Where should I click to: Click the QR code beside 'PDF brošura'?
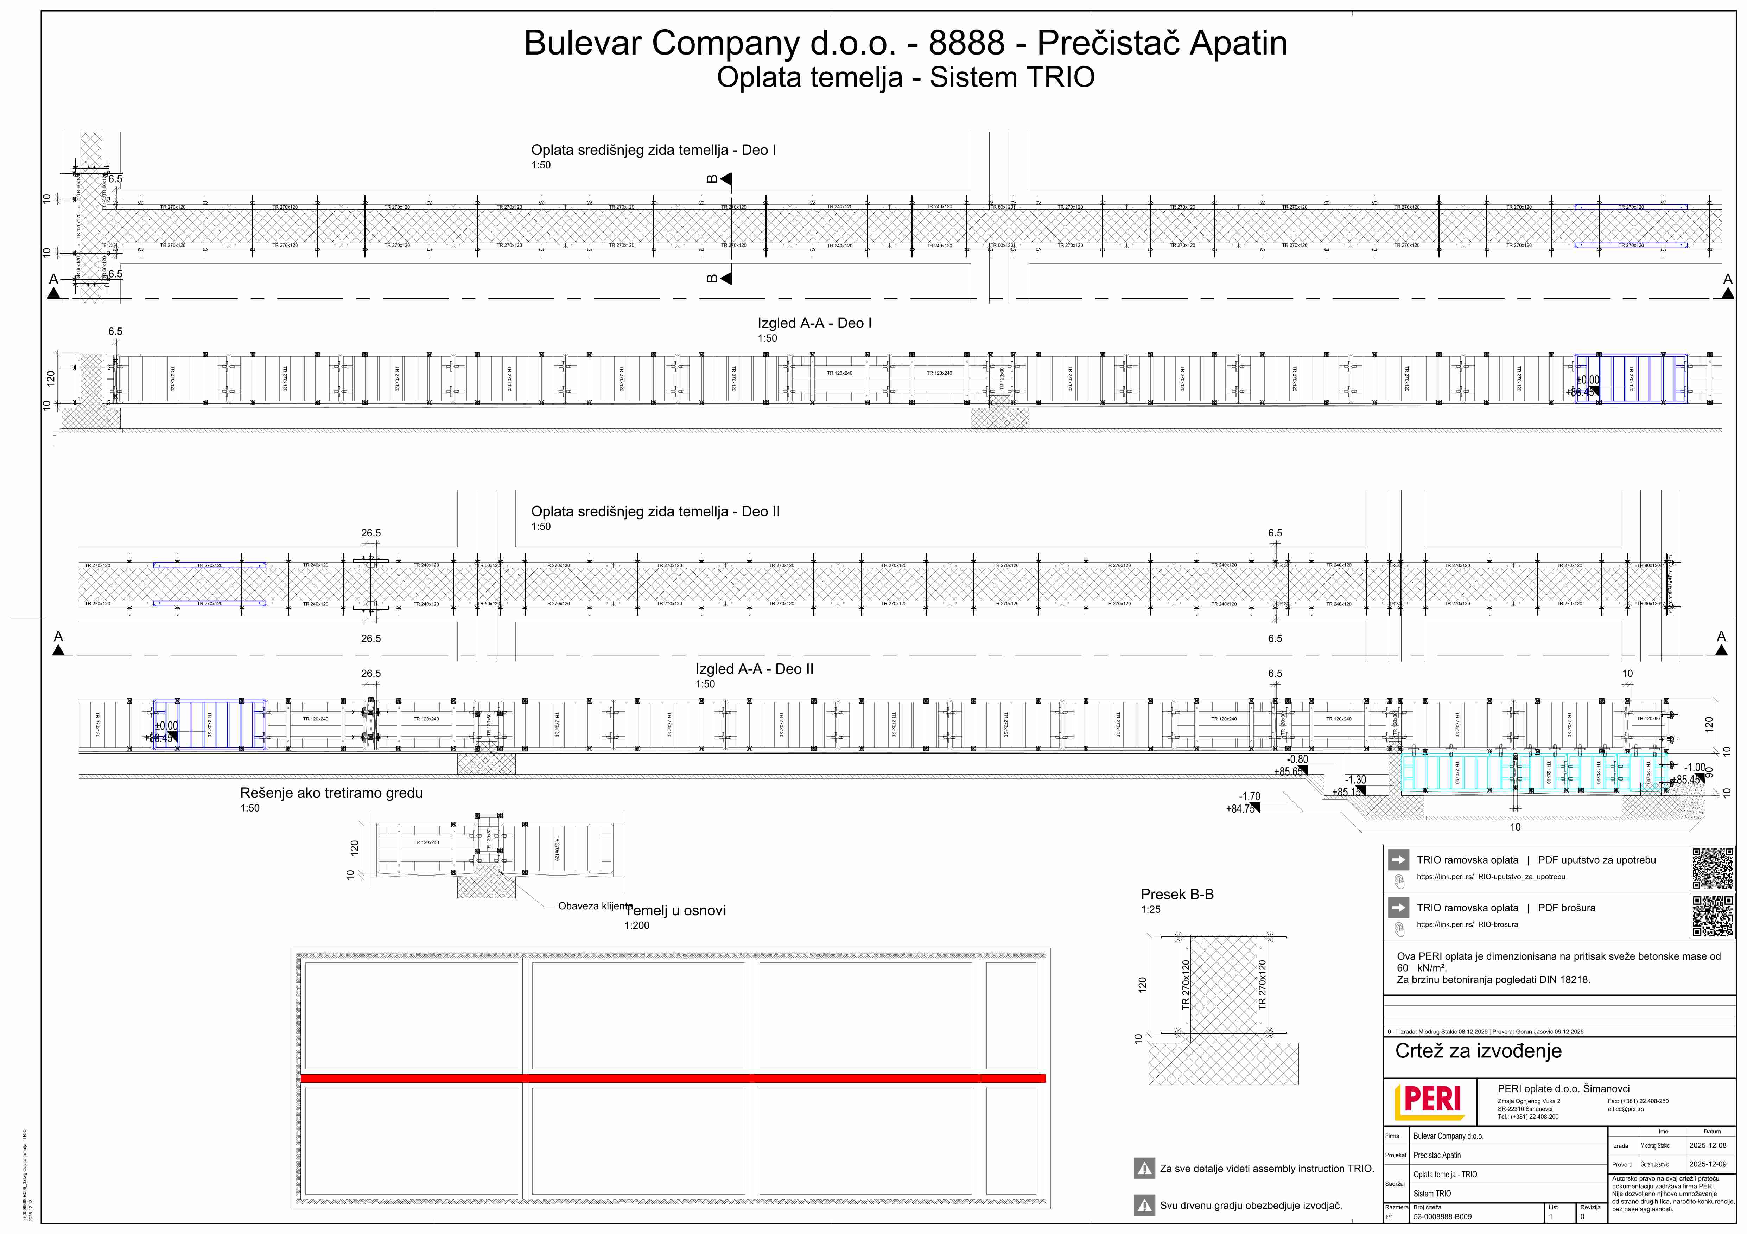point(1713,916)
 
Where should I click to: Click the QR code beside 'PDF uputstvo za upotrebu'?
point(1713,868)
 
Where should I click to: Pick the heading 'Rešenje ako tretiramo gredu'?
point(331,794)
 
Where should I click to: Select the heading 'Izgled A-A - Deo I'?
point(814,323)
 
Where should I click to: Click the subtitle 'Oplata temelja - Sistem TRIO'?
point(906,78)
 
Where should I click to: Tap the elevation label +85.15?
point(1346,792)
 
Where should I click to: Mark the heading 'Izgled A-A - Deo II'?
point(754,669)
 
